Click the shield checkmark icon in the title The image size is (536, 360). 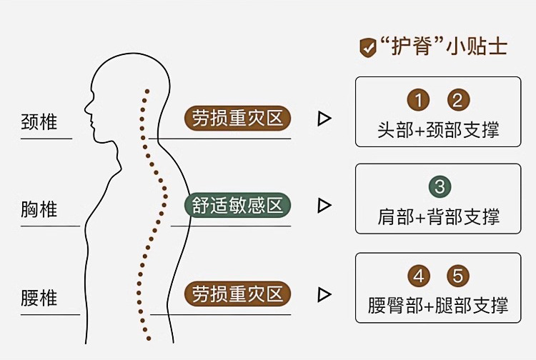[368, 48]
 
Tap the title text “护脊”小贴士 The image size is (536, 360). [444, 47]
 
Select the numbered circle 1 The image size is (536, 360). [418, 100]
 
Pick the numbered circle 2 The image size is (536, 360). [458, 100]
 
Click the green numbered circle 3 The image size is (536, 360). [439, 187]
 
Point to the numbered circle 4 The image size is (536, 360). [418, 276]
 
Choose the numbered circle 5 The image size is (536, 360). [458, 276]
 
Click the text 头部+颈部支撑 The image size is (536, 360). [438, 129]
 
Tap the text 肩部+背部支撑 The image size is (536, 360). [438, 216]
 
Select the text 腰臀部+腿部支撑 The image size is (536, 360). [438, 305]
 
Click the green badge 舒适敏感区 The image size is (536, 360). [238, 206]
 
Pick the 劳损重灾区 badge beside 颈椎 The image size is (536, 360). [238, 118]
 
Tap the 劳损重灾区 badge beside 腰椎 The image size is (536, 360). [238, 294]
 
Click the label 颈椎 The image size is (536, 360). [39, 121]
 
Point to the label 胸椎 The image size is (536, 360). [39, 209]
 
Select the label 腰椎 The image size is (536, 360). [39, 296]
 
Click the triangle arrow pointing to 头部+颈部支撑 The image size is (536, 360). [324, 119]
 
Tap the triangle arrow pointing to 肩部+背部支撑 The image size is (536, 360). [324, 206]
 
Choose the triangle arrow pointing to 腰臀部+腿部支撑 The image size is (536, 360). [324, 294]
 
